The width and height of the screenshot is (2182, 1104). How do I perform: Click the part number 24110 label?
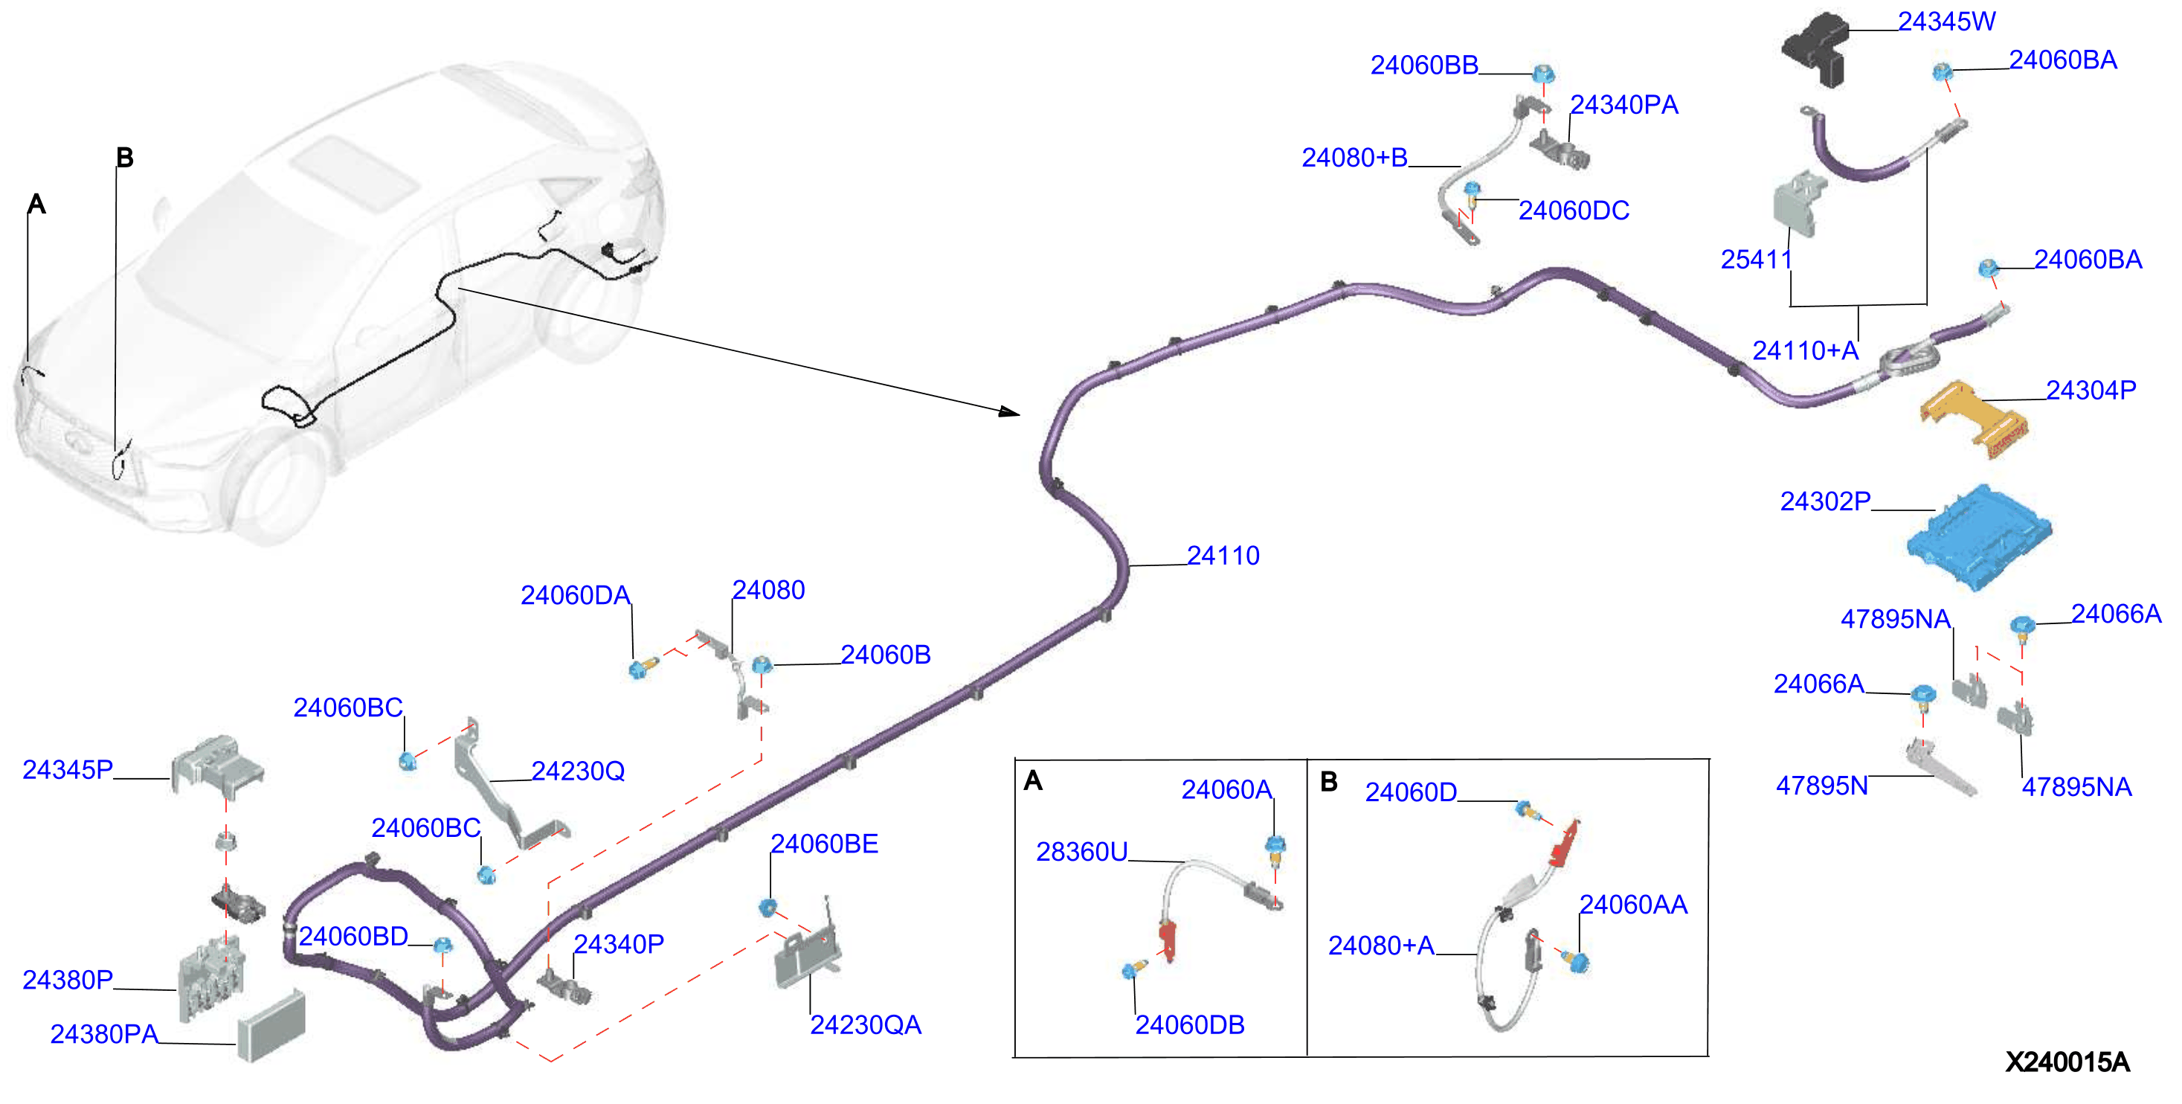1223,556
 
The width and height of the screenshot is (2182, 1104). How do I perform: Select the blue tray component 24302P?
1979,536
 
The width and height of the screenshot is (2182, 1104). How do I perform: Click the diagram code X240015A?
2067,1062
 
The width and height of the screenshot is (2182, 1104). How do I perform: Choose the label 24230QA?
865,1025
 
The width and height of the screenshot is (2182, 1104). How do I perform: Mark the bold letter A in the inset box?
1032,780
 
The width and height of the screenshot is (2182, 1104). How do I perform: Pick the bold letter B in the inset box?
1328,781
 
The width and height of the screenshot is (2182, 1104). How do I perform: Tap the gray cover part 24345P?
217,766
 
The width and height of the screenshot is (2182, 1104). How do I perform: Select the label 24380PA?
104,1035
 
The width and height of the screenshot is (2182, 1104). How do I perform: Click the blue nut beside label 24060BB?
1543,74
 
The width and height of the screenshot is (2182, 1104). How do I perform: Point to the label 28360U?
1081,853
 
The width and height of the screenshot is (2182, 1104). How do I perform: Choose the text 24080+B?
1354,158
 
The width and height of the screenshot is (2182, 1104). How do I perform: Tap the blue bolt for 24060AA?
1577,962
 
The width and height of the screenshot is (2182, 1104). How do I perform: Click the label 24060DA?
575,596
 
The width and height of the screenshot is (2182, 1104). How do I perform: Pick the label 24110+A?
1805,351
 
